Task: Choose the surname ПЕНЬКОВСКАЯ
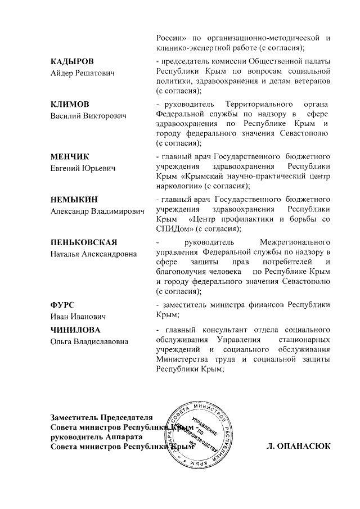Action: tap(84, 242)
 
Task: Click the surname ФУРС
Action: tap(63, 305)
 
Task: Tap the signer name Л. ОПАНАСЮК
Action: tap(299, 447)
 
